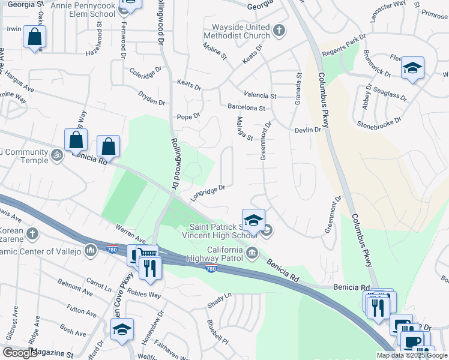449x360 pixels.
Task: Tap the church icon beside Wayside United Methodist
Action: (x=279, y=29)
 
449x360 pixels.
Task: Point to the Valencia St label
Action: (x=259, y=95)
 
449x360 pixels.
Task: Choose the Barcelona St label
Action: (x=246, y=108)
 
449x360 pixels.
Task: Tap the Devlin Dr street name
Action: (x=308, y=130)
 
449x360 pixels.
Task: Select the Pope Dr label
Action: (x=187, y=116)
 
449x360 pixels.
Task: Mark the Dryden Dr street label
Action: (x=151, y=97)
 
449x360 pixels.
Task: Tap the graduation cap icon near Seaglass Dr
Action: (x=412, y=68)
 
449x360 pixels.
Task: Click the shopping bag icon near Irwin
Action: (x=35, y=37)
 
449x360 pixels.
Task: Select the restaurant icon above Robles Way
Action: (x=149, y=268)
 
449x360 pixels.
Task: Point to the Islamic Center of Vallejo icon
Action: (x=91, y=249)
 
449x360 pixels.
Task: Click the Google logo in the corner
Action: (x=20, y=353)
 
